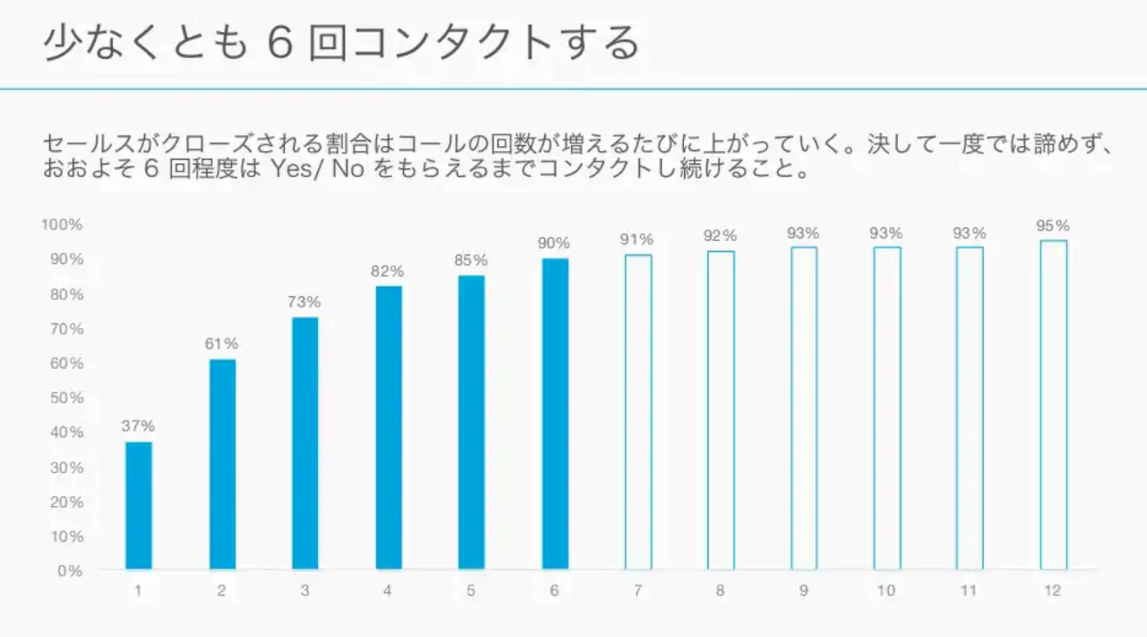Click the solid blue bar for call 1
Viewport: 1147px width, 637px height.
138,505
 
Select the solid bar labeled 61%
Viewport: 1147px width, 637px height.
222,464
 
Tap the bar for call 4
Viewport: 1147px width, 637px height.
388,427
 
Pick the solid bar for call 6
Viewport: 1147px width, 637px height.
555,414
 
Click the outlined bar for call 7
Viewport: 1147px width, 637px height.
638,412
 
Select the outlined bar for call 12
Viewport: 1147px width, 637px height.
1053,405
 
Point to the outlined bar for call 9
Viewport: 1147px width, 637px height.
804,408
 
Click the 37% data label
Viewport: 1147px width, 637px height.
138,426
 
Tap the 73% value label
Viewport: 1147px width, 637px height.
304,302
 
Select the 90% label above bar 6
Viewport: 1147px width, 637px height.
554,243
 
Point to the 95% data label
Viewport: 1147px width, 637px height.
1052,225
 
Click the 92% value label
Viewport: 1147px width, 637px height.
720,236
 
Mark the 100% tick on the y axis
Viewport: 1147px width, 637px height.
62,225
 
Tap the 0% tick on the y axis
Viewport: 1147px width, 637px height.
69,571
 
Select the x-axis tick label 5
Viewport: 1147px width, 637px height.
471,590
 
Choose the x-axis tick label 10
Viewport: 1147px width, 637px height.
886,590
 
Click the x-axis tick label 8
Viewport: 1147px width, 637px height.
720,590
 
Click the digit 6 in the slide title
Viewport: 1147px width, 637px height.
280,43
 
